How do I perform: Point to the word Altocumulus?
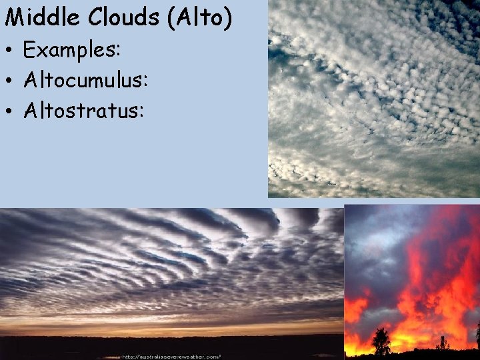(85, 81)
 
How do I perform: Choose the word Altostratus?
(83, 111)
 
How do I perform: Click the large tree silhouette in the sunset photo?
(381, 341)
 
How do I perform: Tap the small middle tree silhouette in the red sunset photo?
(442, 343)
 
